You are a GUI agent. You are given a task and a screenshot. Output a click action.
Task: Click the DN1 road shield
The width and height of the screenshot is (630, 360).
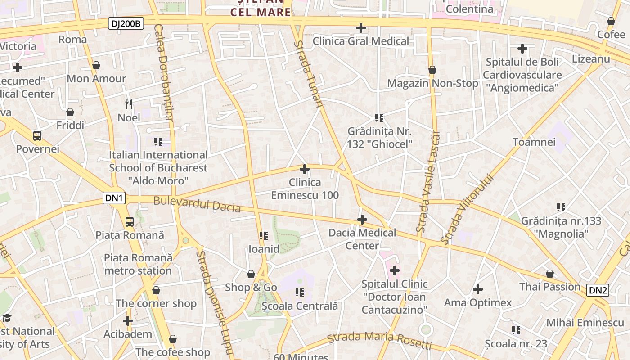[x=114, y=198]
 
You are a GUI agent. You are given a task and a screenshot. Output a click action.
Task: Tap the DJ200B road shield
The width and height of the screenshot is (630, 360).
[x=126, y=24]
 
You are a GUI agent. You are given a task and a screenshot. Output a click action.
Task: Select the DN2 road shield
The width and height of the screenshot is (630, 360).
[x=598, y=290]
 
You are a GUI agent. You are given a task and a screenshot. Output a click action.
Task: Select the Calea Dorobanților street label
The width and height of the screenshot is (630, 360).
[x=163, y=72]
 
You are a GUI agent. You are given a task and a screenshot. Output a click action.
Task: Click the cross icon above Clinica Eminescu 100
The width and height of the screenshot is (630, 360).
[x=305, y=169]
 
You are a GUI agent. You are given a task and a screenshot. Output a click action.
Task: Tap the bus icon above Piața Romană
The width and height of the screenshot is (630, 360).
[x=129, y=221]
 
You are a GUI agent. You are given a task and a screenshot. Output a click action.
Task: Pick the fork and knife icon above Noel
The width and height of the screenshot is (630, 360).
[x=129, y=104]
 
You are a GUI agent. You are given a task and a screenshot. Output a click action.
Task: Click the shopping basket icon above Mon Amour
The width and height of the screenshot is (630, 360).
[x=96, y=65]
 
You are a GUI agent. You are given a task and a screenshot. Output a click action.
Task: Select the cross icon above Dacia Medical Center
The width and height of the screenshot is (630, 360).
[x=362, y=220]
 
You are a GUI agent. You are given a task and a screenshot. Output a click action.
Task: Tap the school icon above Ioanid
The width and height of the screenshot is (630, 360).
[x=264, y=235]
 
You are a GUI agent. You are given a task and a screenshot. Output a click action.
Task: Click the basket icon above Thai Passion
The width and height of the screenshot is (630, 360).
[x=550, y=274]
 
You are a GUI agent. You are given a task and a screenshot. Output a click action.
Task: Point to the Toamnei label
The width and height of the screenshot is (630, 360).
[x=534, y=142]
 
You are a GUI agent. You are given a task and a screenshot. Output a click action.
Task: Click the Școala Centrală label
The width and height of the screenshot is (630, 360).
[x=300, y=306]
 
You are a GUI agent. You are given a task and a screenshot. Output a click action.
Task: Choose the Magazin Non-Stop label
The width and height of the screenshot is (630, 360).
[x=432, y=83]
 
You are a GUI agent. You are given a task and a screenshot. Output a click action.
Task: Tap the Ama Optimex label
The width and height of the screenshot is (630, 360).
[x=478, y=302]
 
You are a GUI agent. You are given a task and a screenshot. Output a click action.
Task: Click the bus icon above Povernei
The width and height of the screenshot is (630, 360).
[x=37, y=135]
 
